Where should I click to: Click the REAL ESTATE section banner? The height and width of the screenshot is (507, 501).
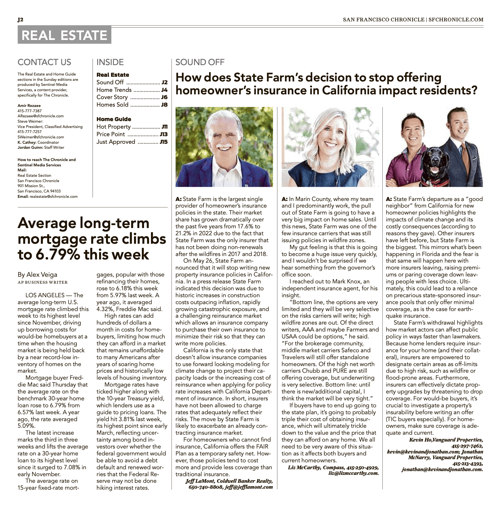(64, 35)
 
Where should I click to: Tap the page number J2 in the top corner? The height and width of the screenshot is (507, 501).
(20, 19)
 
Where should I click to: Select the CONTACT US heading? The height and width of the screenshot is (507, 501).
(44, 62)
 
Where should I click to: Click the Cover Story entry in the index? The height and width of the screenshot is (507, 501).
(112, 97)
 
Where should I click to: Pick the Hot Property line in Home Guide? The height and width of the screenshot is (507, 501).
(114, 127)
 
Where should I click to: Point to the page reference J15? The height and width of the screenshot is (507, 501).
(164, 142)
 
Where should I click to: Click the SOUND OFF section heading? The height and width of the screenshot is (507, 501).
(200, 62)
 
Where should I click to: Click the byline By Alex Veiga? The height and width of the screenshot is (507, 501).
(37, 275)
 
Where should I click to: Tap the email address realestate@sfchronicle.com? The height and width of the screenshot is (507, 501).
(53, 197)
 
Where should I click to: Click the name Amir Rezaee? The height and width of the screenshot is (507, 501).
(29, 106)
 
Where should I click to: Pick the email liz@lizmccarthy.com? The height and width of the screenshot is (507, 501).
(353, 473)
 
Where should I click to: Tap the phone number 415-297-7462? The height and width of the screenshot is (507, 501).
(467, 446)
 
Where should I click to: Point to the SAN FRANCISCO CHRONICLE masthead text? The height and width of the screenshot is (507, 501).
(383, 19)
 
